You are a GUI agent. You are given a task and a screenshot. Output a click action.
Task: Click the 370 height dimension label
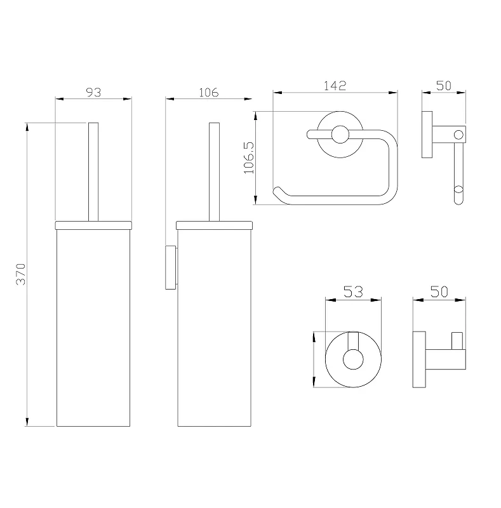(x=21, y=274)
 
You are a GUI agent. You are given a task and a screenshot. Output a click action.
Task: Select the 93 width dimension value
(x=93, y=92)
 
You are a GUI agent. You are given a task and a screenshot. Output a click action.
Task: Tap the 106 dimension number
(x=209, y=92)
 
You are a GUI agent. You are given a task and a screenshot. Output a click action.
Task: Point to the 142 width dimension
(x=335, y=86)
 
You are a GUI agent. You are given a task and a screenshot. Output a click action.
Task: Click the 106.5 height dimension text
(x=249, y=157)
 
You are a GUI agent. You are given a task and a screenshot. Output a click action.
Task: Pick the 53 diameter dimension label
(x=353, y=292)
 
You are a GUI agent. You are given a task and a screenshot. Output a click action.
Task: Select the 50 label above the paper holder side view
(x=444, y=86)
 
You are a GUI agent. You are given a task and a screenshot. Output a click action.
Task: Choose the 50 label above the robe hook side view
(x=439, y=291)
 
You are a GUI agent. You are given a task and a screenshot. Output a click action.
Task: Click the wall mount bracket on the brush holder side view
(x=171, y=267)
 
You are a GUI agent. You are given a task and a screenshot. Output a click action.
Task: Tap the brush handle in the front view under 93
(x=93, y=171)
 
